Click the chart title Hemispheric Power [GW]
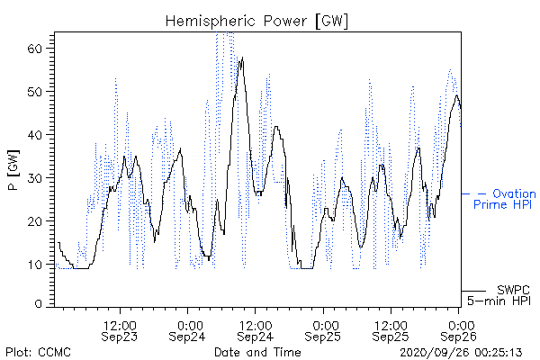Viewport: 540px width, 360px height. [x=256, y=22]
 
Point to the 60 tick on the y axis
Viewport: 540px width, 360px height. [x=34, y=49]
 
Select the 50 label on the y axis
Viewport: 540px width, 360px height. [x=34, y=92]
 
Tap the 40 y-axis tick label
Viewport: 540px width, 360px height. [x=34, y=135]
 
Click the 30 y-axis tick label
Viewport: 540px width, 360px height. [x=34, y=178]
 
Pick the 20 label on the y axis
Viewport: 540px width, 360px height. [x=34, y=220]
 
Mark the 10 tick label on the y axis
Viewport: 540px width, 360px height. [x=34, y=265]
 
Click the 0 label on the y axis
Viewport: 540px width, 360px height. [x=38, y=304]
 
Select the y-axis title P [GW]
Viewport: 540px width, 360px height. [x=13, y=170]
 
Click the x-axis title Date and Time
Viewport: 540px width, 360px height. [x=257, y=352]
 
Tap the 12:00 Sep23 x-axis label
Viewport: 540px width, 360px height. [x=120, y=330]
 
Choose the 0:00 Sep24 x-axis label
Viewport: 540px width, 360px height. [x=187, y=330]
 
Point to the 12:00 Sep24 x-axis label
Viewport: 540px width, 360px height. [x=256, y=330]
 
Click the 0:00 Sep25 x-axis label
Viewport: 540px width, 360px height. [x=323, y=330]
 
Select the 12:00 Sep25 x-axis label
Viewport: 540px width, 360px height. [x=391, y=330]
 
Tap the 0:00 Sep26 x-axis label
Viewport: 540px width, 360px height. [x=458, y=330]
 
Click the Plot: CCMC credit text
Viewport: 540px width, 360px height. [x=38, y=352]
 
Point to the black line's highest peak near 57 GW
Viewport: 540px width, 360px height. [x=242, y=58]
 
